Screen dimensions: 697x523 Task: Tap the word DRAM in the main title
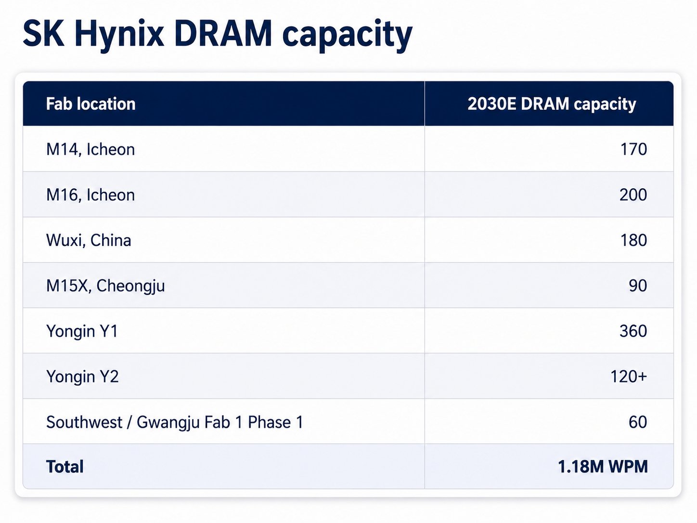223,33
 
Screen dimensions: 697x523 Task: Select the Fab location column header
91,104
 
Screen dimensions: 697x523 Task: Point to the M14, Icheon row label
90,149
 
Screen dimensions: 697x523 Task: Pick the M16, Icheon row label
90,195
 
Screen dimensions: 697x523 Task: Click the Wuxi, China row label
89,240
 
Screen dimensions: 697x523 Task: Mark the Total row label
65,467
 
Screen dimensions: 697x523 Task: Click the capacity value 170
633,149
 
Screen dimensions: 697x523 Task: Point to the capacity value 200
633,195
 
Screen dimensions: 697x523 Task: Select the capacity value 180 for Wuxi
633,240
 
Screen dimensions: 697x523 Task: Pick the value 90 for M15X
638,286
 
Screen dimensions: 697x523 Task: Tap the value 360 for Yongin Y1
633,331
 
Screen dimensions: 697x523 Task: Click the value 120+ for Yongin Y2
629,376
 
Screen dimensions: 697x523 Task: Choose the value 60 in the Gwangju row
638,422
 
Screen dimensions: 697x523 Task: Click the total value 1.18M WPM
603,467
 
